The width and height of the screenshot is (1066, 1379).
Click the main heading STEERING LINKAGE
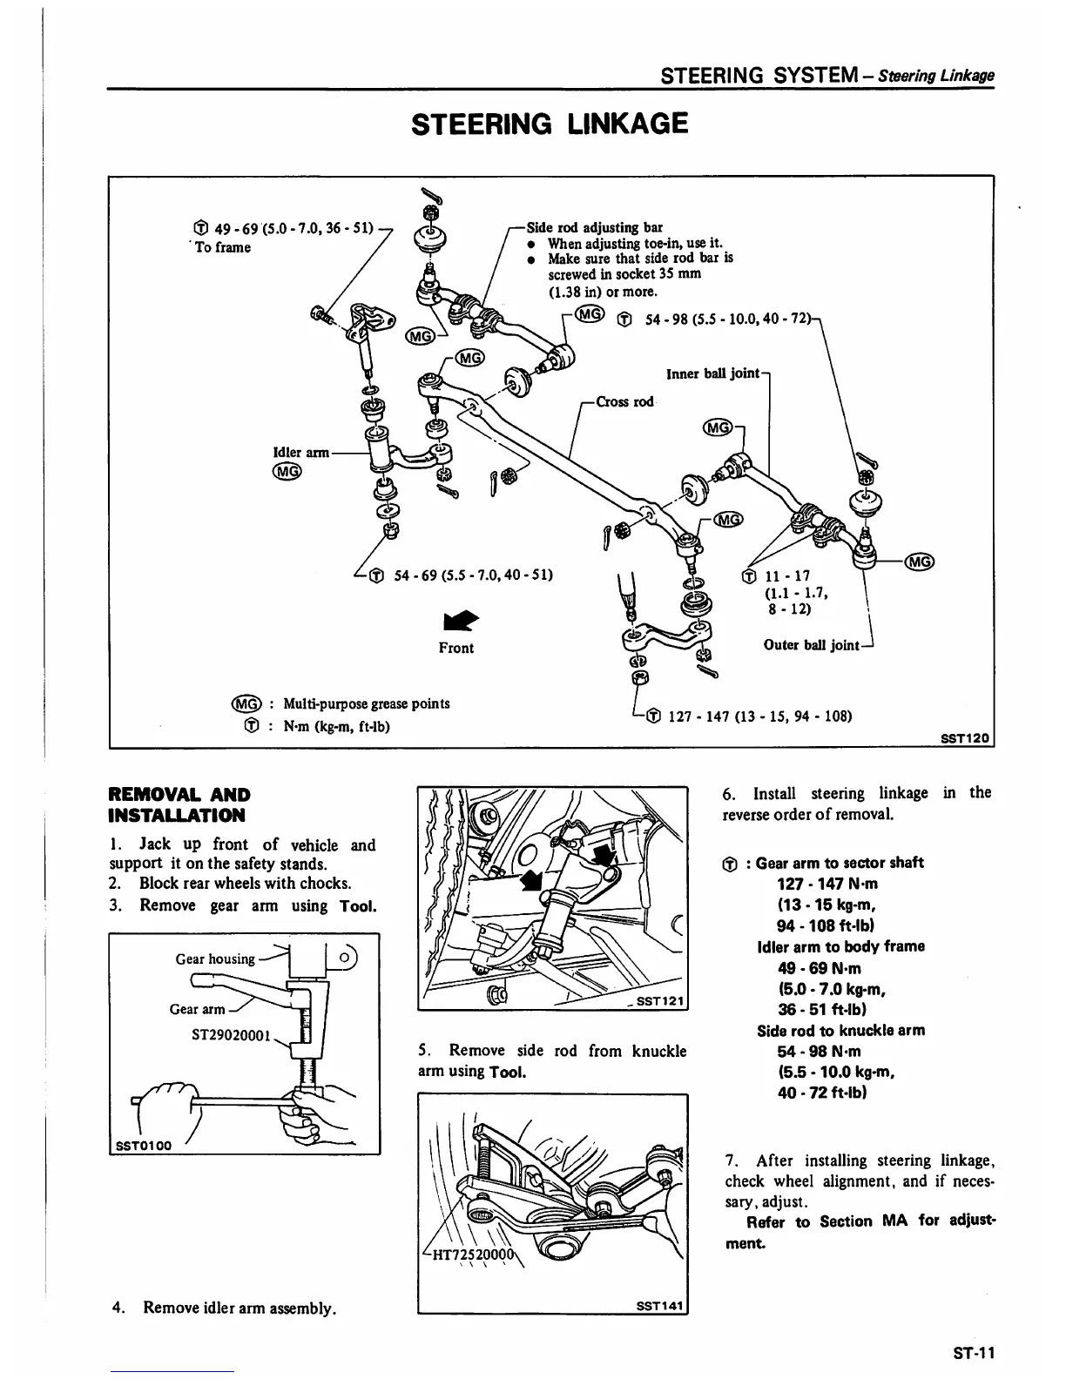(x=550, y=124)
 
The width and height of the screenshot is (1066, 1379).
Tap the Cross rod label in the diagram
(x=624, y=401)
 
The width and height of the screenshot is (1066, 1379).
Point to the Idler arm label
(x=301, y=452)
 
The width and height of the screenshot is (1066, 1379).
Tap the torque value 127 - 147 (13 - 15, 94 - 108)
(x=759, y=716)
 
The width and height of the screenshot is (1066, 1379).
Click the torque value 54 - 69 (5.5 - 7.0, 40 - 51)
(x=474, y=575)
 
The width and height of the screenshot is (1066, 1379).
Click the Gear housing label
(x=215, y=959)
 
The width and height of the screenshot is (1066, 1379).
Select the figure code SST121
(x=661, y=1001)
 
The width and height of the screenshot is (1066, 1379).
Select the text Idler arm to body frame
(x=840, y=946)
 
